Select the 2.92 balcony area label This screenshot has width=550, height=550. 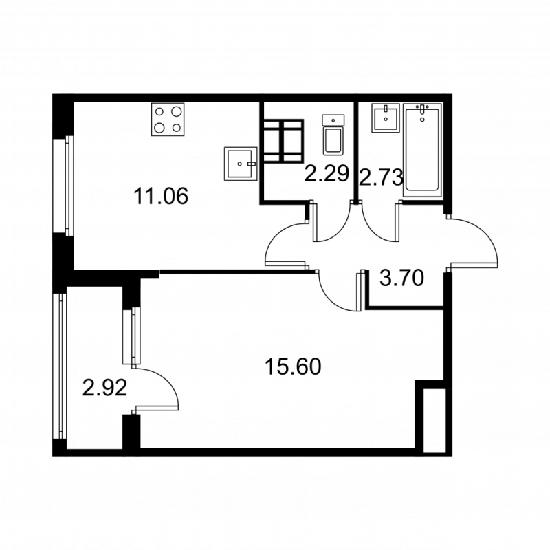click(x=104, y=388)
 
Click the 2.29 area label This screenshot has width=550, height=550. click(x=327, y=173)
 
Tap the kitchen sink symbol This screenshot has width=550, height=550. click(x=239, y=164)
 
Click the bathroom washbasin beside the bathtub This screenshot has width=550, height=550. click(x=386, y=118)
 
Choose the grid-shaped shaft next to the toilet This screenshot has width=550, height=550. click(x=283, y=140)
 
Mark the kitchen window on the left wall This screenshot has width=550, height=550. click(x=68, y=184)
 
